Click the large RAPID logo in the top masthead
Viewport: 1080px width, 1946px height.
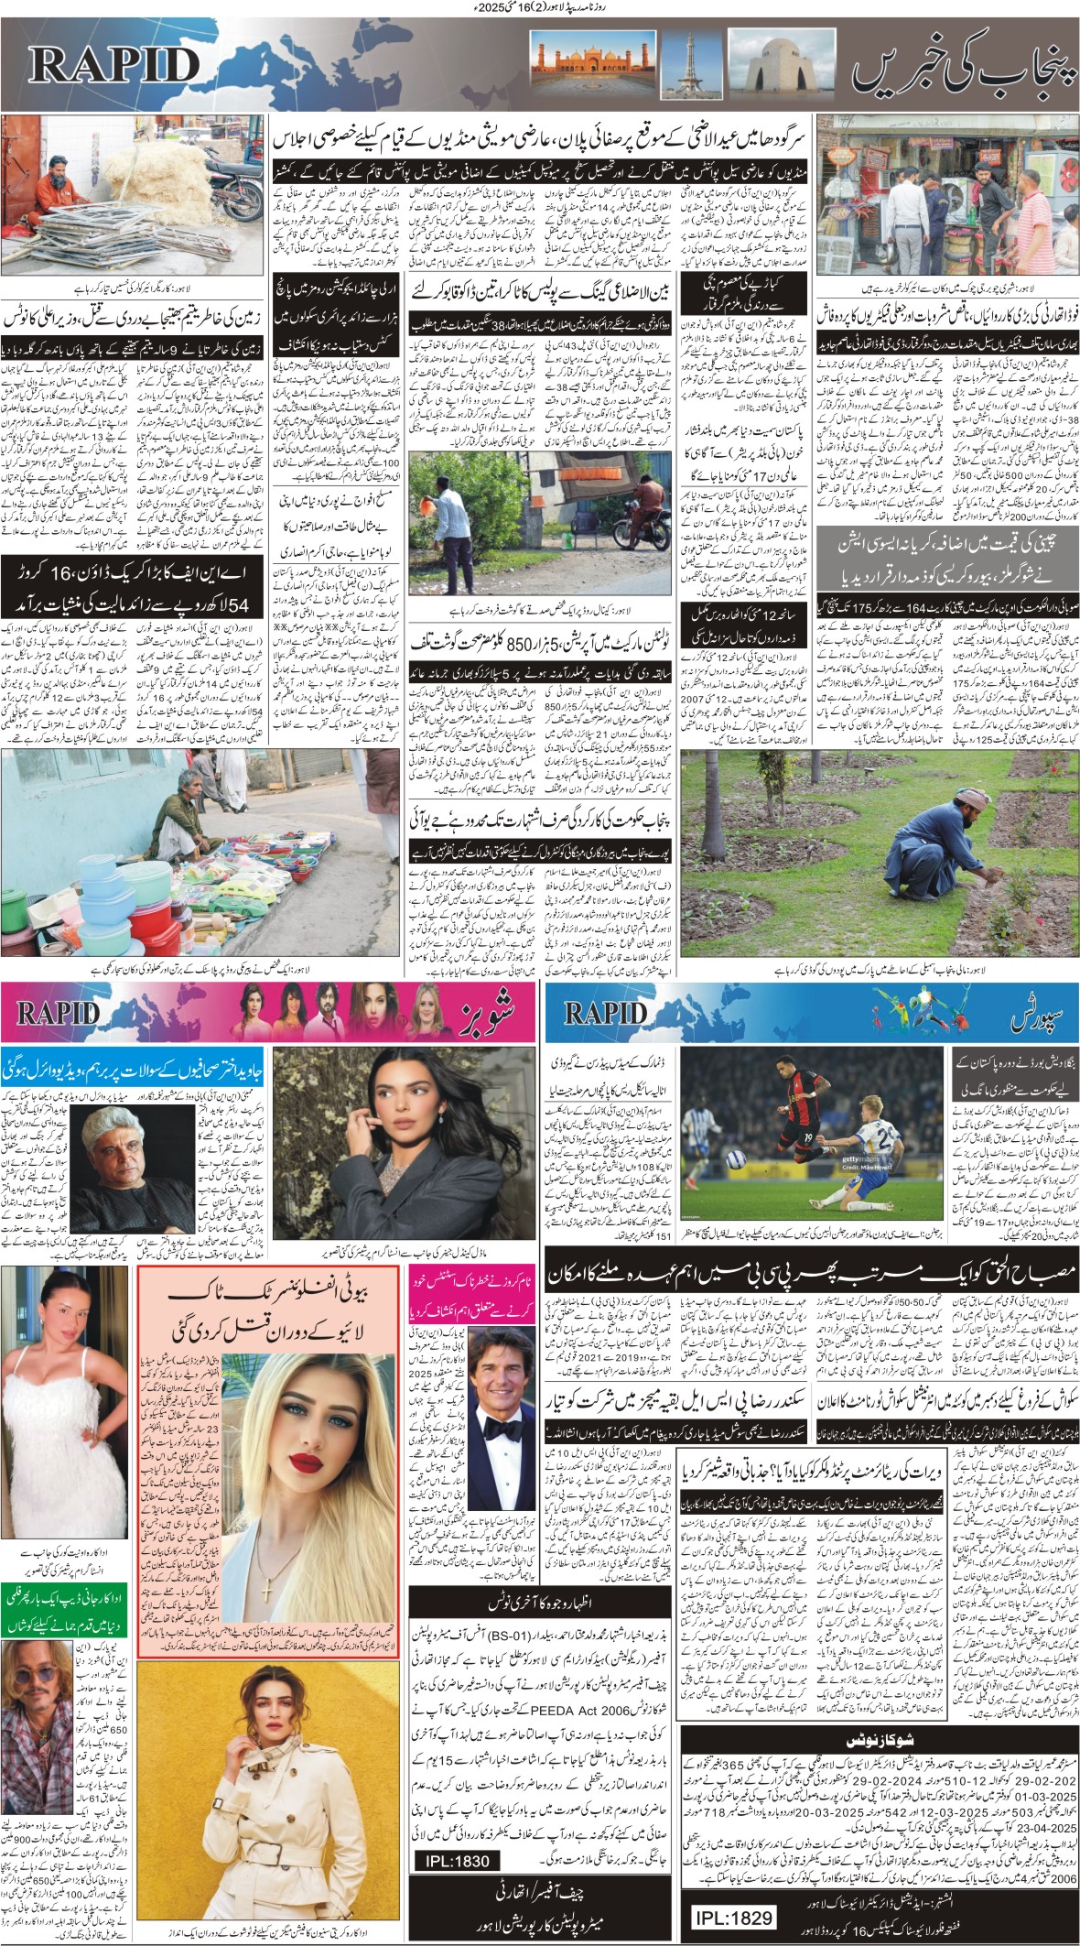pos(114,65)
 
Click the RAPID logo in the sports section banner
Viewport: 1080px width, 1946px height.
pos(605,1013)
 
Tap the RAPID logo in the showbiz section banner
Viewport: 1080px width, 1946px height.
pos(58,1013)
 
